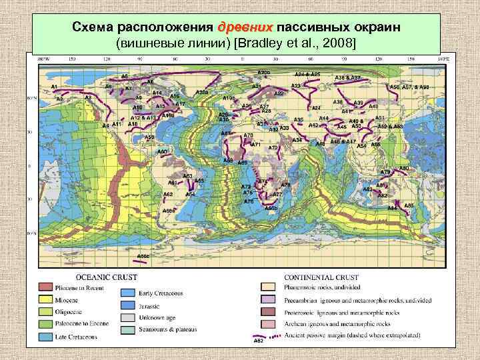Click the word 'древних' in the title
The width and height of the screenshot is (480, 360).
[x=245, y=28]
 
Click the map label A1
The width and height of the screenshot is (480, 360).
[x=54, y=87]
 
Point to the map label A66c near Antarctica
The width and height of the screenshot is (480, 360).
[x=143, y=255]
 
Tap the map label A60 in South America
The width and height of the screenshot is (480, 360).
[x=162, y=152]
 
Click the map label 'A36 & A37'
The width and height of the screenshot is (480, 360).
[x=347, y=78]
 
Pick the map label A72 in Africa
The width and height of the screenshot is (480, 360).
[x=273, y=147]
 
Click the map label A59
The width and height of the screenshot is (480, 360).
[x=149, y=137]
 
